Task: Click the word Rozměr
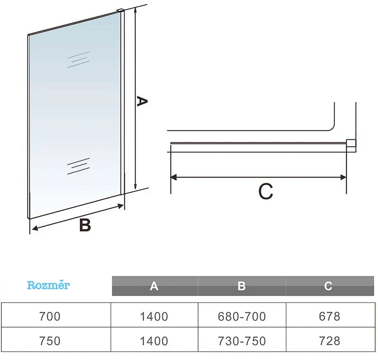click(x=48, y=285)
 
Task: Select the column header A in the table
click(x=154, y=286)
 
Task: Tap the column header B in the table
click(x=241, y=286)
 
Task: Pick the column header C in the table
click(x=328, y=286)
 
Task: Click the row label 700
click(x=50, y=317)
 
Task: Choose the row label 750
click(x=50, y=341)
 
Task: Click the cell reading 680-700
click(x=242, y=317)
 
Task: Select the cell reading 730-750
click(x=242, y=341)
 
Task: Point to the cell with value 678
click(x=329, y=317)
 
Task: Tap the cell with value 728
click(x=329, y=341)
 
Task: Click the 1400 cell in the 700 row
click(x=154, y=317)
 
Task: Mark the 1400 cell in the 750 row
click(x=154, y=341)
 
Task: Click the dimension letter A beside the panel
click(x=142, y=101)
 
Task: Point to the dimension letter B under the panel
click(x=85, y=225)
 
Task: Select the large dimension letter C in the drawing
click(x=266, y=191)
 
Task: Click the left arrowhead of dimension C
click(x=173, y=178)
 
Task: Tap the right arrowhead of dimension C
click(x=343, y=178)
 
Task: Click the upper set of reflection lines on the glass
click(x=78, y=59)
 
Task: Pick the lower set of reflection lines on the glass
click(x=78, y=166)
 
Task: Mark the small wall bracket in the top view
click(x=351, y=146)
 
